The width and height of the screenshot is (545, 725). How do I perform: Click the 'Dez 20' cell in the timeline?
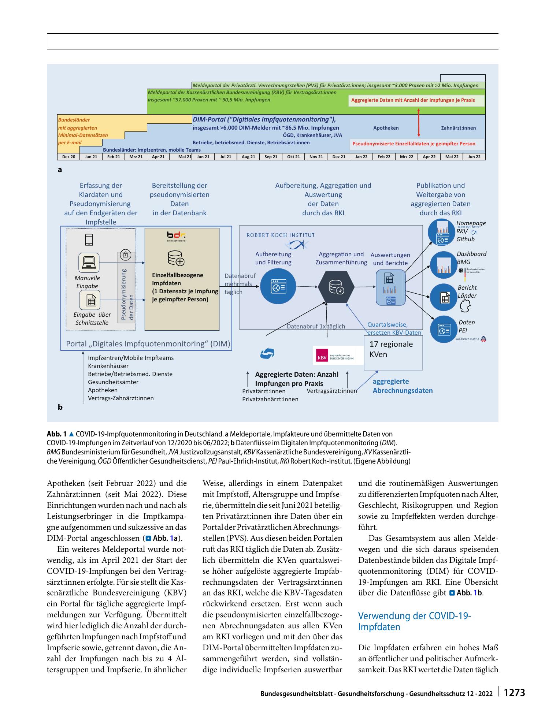(68, 157)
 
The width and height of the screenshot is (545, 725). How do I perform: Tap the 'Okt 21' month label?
(293, 157)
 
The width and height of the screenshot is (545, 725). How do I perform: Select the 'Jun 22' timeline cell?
(474, 157)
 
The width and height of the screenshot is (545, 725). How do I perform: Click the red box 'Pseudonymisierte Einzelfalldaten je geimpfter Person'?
(414, 144)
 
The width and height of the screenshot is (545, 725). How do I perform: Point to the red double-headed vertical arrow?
(419, 122)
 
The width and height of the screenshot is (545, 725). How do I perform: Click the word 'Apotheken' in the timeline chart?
(386, 128)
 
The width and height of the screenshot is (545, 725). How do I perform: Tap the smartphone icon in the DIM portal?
(89, 239)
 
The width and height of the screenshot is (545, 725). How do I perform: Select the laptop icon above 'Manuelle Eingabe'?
(89, 262)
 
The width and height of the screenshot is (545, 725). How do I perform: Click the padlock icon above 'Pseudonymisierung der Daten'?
(125, 254)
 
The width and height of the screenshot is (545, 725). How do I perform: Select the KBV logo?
(335, 355)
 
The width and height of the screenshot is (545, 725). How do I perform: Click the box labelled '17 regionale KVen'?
(393, 352)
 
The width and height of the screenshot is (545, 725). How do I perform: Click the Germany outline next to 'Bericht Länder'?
(465, 306)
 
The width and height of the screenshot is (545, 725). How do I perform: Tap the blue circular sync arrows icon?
(267, 354)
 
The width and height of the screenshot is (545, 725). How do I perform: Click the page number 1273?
(515, 692)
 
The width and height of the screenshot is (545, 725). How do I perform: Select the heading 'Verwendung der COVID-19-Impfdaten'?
(415, 621)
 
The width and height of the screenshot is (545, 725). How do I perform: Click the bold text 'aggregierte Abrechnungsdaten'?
(403, 386)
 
